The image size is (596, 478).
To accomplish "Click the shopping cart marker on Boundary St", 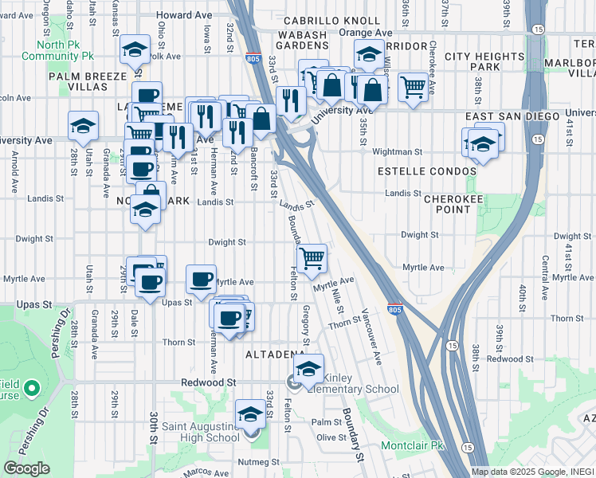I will tap(312, 257).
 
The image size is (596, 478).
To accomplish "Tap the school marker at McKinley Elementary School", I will tap(308, 369).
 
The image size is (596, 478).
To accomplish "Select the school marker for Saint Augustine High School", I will tap(250, 414).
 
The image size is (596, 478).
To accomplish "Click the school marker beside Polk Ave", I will tap(135, 50).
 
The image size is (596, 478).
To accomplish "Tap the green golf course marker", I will tap(32, 389).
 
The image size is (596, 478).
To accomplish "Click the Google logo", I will tap(26, 468).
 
